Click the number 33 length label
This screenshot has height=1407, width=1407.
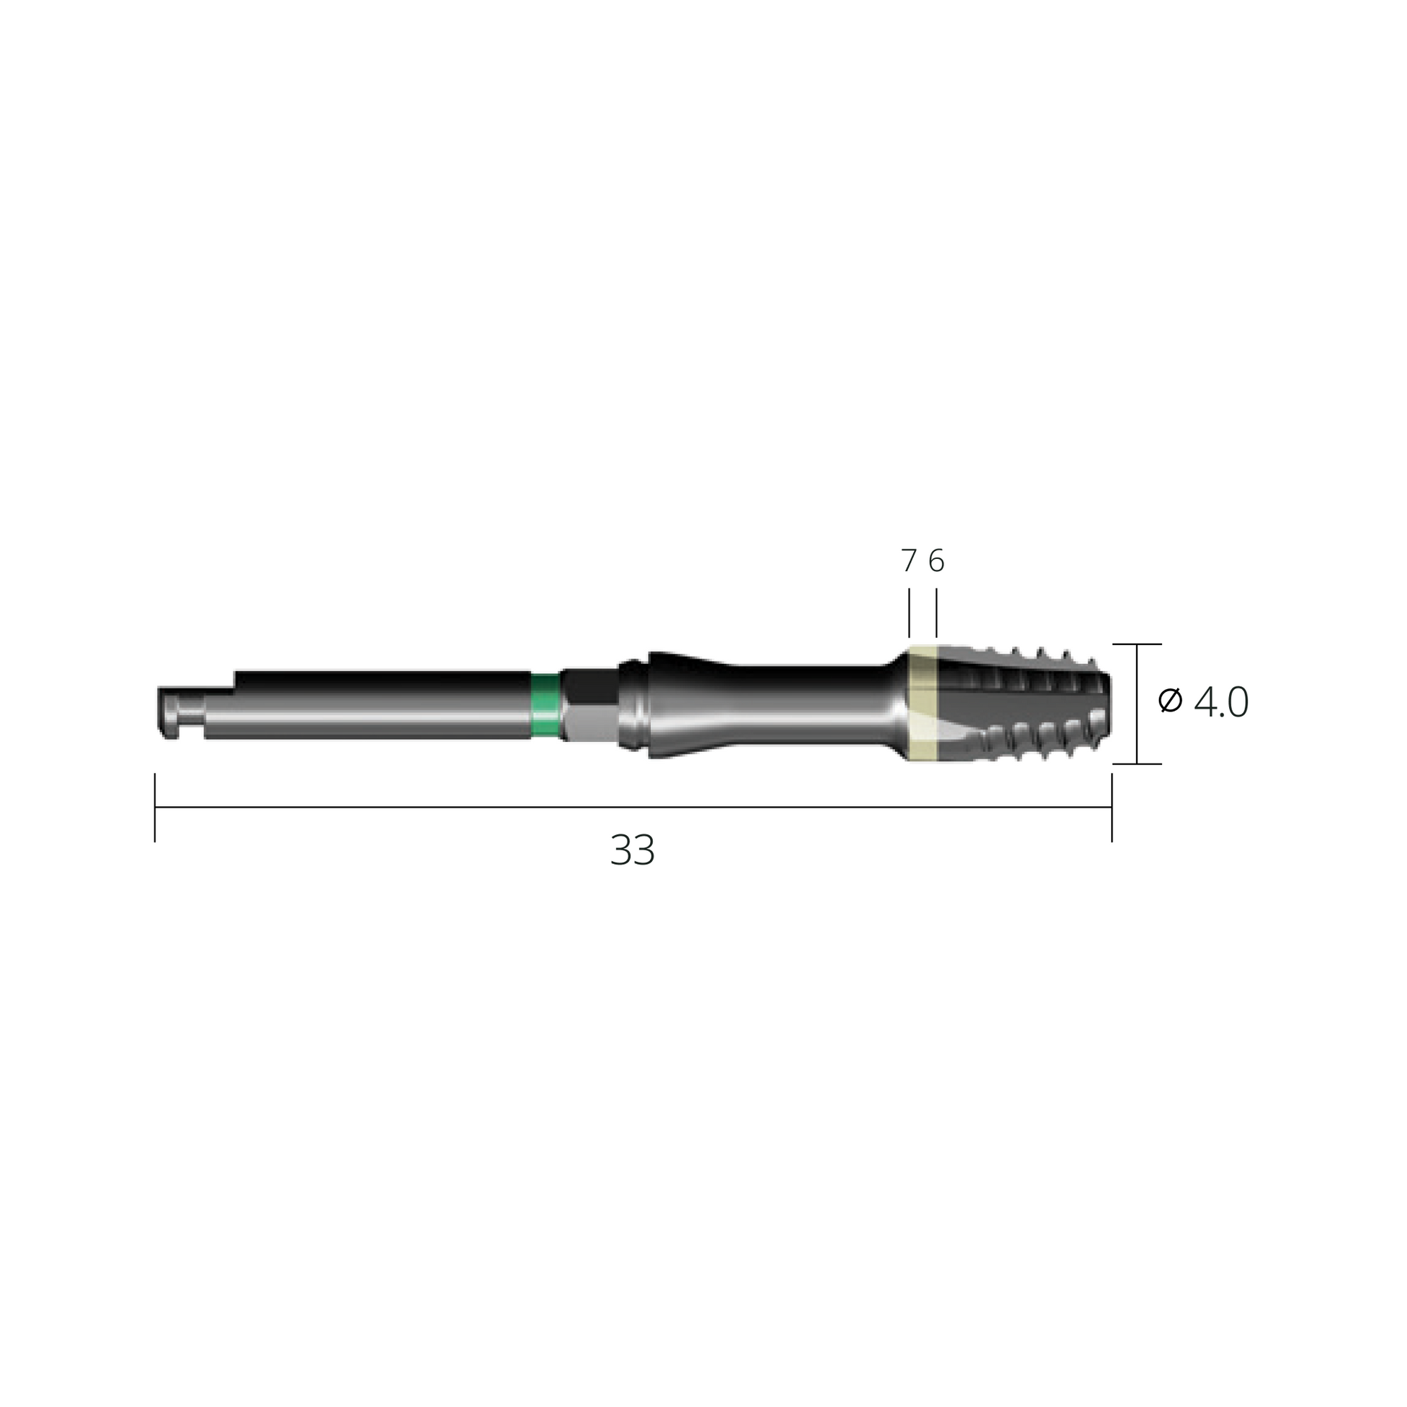click(632, 850)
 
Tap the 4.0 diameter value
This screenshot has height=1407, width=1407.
click(1221, 703)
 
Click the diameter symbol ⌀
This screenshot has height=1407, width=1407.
click(1171, 701)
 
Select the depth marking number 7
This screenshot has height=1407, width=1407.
click(909, 561)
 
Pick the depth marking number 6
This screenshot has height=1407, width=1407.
click(936, 561)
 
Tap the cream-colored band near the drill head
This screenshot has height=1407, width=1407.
click(923, 703)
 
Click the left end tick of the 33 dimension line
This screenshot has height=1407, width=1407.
click(155, 808)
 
